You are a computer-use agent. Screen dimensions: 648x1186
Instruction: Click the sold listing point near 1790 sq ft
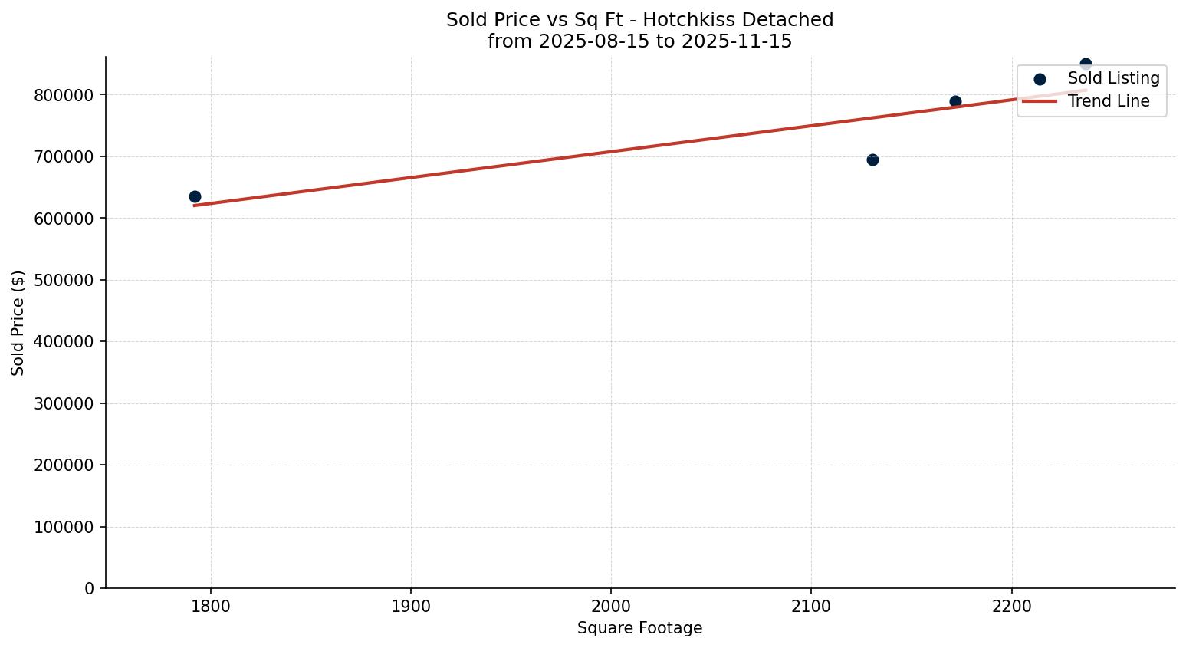(x=195, y=197)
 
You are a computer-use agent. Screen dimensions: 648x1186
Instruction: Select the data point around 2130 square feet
(x=872, y=160)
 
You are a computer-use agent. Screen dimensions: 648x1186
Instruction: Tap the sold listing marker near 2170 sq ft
(x=955, y=101)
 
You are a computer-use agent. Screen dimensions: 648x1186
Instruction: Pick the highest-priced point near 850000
(x=1086, y=64)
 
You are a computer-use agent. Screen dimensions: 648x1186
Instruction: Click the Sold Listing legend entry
(x=1113, y=78)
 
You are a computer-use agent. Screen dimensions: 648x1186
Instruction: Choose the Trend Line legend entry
(x=1108, y=101)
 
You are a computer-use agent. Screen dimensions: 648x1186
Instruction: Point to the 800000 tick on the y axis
(x=64, y=95)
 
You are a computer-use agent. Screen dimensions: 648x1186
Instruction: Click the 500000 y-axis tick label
(x=64, y=280)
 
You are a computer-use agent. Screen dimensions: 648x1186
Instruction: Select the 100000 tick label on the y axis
(x=64, y=527)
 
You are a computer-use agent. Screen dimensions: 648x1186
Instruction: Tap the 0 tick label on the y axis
(x=89, y=588)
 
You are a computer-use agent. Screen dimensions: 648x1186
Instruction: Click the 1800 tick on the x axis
(x=211, y=605)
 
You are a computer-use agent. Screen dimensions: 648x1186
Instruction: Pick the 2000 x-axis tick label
(x=611, y=605)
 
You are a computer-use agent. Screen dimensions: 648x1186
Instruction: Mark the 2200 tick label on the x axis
(x=1011, y=605)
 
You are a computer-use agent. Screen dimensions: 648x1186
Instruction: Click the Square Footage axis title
(x=639, y=628)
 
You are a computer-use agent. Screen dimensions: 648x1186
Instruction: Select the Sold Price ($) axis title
(x=18, y=323)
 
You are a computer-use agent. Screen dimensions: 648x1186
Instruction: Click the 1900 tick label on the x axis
(x=411, y=605)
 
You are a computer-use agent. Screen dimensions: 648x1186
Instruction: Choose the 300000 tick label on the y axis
(x=64, y=403)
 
